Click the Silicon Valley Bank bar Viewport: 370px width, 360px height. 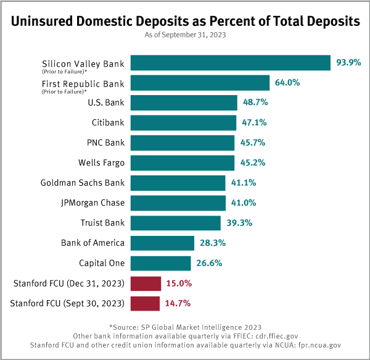(231, 63)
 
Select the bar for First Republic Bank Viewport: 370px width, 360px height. (200, 83)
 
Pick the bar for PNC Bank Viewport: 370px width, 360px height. (183, 143)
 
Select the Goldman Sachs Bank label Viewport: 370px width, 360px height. (83, 183)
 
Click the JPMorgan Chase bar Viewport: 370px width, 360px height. (178, 203)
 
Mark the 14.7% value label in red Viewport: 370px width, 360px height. (178, 303)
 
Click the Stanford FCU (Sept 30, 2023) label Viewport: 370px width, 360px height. (68, 303)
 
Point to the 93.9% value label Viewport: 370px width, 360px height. (348, 63)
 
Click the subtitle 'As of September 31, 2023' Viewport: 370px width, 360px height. (185, 35)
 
